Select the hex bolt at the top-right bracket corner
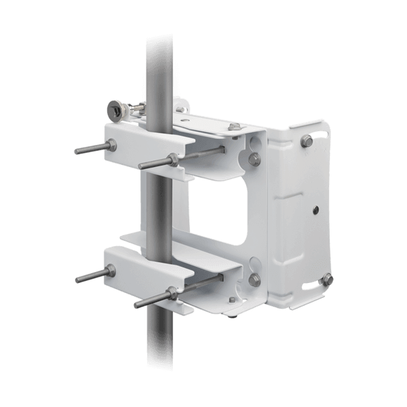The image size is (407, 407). (x=304, y=140)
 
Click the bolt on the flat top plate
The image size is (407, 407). (x=235, y=127)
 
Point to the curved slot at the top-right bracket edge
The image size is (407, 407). (x=316, y=129)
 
